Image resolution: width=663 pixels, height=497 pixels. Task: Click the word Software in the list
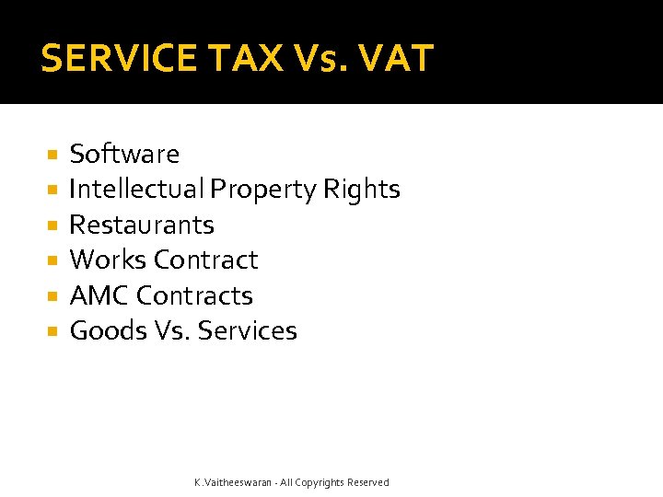124,154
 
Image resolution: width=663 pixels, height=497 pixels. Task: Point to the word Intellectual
136,190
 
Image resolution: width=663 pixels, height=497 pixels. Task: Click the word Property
262,190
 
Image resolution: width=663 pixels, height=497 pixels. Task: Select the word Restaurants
142,225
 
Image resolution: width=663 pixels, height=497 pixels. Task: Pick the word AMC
99,295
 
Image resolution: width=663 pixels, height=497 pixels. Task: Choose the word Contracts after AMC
194,295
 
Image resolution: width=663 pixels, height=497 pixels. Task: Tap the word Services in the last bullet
248,330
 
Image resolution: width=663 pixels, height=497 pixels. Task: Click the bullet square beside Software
52,155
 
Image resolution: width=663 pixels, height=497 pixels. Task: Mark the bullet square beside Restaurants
52,225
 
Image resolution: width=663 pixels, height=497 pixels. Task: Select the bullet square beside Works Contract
52,260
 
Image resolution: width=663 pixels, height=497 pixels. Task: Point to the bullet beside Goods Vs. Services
52,331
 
